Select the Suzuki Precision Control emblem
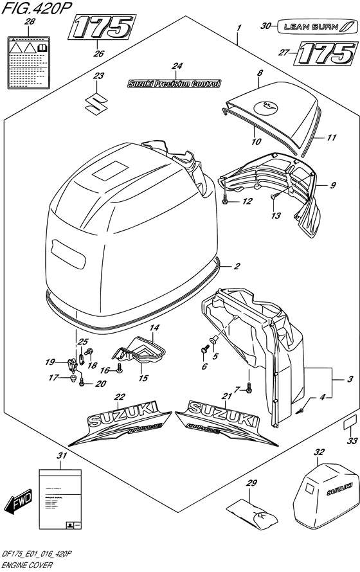(174, 84)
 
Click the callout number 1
(239, 29)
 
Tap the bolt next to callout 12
(226, 201)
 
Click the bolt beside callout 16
(119, 370)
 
